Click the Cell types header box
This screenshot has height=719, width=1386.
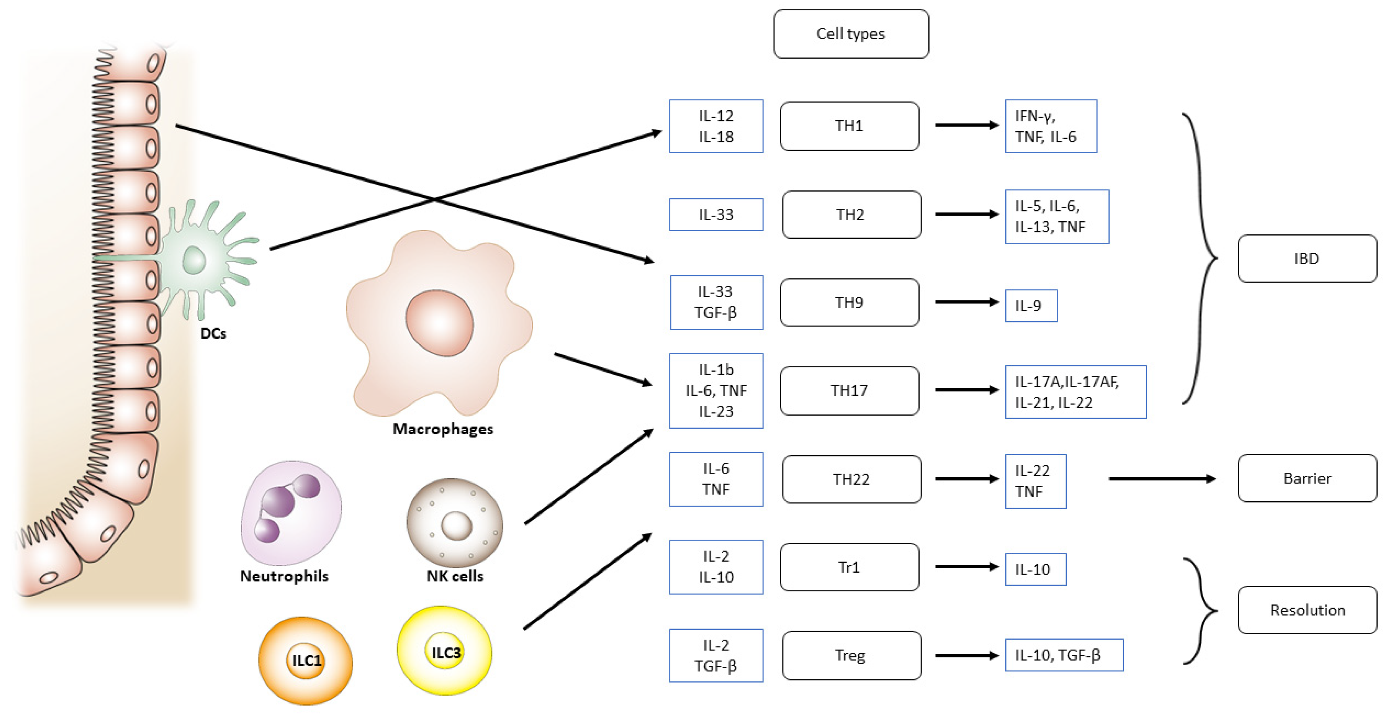point(851,34)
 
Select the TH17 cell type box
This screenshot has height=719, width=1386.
point(849,391)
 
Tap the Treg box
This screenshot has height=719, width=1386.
point(851,656)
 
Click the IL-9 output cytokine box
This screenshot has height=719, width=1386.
point(1030,306)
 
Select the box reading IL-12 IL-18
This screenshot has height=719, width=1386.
point(715,126)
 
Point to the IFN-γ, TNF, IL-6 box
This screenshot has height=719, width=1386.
point(1050,126)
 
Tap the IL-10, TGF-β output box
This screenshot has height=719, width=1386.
point(1064,656)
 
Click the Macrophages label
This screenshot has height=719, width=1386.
point(442,429)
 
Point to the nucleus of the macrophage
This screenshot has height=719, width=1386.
point(439,323)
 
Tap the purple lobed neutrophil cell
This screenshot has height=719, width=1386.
point(291,511)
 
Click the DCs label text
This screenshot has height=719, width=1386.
point(213,334)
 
